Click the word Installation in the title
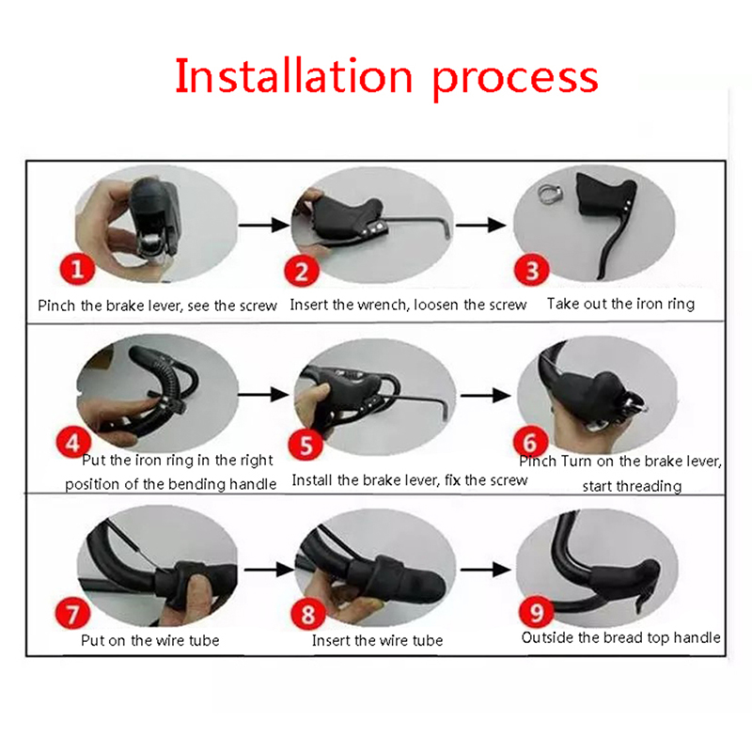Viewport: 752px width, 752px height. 293,76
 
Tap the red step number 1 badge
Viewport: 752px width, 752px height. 77,269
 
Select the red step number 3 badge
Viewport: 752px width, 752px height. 531,270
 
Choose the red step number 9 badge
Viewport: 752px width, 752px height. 536,612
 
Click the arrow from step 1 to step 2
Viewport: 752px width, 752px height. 264,225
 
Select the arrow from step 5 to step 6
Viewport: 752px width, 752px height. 485,396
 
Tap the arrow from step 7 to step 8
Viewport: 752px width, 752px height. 269,570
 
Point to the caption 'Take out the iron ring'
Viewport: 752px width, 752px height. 620,304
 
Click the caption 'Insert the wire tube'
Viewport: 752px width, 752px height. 378,640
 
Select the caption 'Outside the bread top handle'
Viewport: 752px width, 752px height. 620,637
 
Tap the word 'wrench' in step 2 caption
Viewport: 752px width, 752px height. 383,305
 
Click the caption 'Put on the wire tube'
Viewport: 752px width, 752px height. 150,640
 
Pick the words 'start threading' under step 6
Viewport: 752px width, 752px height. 632,486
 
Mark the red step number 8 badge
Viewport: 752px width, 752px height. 308,614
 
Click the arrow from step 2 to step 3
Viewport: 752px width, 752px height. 480,225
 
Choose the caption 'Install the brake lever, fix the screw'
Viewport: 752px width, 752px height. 410,480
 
